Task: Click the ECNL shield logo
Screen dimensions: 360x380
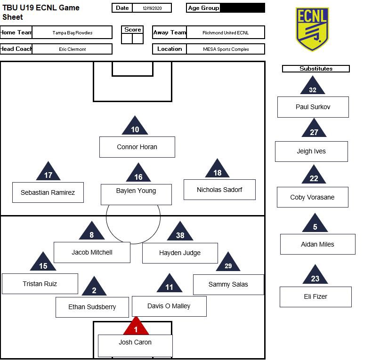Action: click(312, 29)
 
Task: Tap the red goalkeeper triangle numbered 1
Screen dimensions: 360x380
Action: click(136, 328)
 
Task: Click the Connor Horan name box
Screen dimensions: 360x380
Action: click(137, 147)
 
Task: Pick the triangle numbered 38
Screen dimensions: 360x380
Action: click(180, 232)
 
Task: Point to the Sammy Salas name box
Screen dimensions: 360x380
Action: click(228, 285)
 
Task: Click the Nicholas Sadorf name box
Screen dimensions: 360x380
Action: click(219, 190)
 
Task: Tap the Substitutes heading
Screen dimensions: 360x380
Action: click(316, 69)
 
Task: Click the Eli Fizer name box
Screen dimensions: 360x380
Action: click(315, 297)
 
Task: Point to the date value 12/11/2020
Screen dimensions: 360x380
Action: click(152, 8)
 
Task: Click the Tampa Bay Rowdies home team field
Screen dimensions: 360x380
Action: click(73, 32)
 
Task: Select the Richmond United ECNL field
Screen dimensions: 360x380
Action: click(226, 32)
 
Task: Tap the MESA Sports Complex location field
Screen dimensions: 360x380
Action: click(226, 49)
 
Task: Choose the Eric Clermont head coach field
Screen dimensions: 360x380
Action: click(73, 49)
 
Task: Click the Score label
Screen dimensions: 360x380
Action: click(132, 30)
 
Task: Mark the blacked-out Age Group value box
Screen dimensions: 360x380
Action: click(242, 8)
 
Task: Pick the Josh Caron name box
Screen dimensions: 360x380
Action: click(135, 345)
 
